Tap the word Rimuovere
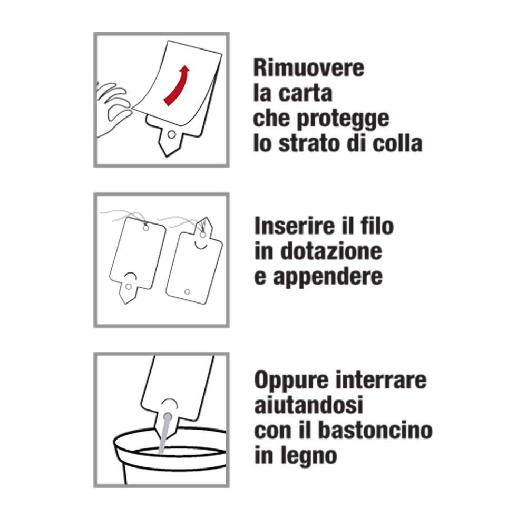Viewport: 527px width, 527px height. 308,67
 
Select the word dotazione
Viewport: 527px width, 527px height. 331,251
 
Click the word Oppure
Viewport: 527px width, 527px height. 291,380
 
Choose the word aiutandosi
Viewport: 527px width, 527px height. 308,405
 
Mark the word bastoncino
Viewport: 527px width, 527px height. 375,430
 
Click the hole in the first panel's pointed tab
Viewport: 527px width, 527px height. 171,135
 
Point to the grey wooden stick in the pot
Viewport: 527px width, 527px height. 164,434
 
